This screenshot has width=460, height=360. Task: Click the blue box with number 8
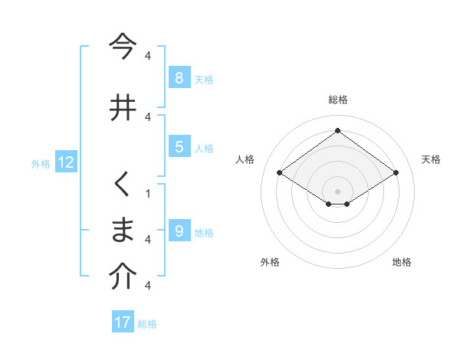click(x=179, y=77)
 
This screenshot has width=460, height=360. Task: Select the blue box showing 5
click(x=179, y=146)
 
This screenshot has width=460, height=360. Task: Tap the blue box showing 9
click(x=179, y=231)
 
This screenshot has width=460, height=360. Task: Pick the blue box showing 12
click(x=66, y=162)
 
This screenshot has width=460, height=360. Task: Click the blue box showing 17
click(x=123, y=322)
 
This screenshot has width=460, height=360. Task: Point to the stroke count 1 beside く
click(x=148, y=192)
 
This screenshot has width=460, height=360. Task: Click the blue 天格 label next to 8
click(x=204, y=79)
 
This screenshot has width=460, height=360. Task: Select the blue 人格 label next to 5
click(x=204, y=148)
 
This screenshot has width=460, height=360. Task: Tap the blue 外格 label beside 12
click(x=41, y=163)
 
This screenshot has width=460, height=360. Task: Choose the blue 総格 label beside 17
click(x=147, y=324)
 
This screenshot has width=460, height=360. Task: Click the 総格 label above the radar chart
click(x=337, y=100)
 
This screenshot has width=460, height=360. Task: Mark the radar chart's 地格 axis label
click(x=402, y=262)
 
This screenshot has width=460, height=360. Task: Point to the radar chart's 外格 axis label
click(x=270, y=262)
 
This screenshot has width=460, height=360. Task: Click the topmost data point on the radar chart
click(x=337, y=130)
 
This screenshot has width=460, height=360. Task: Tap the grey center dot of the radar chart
click(x=337, y=191)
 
